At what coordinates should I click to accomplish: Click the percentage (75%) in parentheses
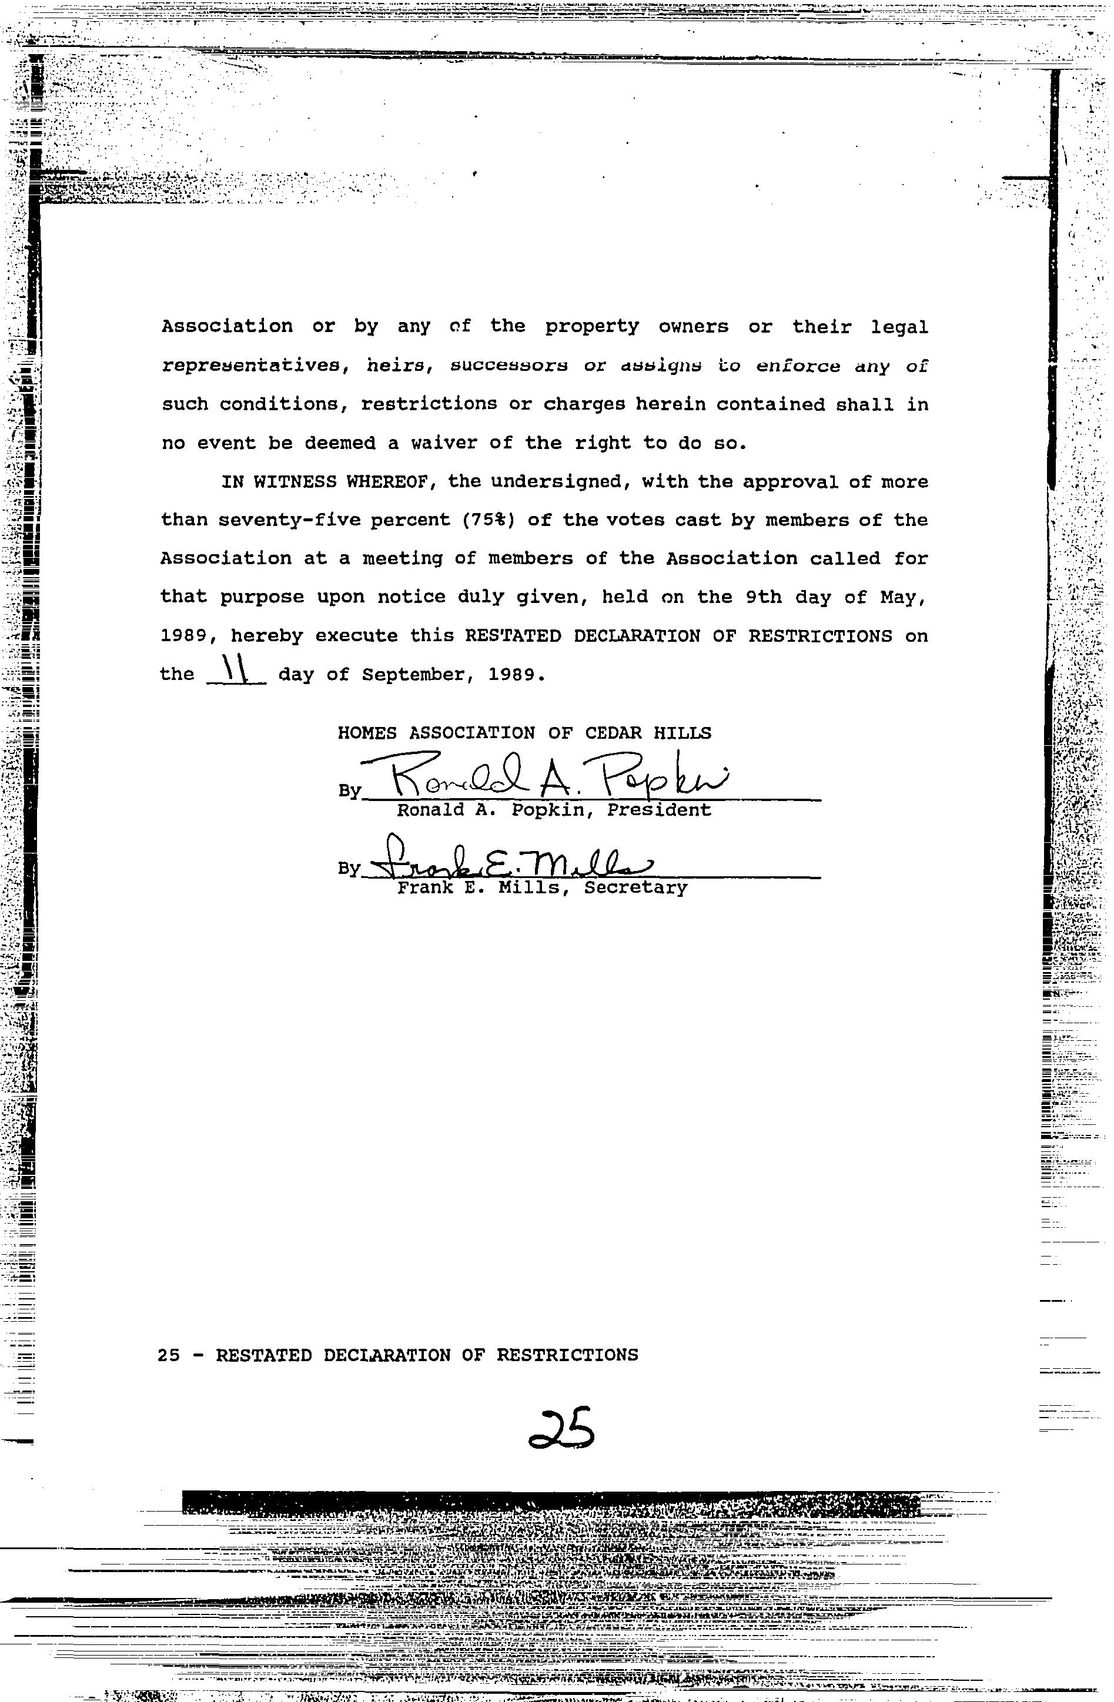489,521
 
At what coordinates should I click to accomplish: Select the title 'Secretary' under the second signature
635,888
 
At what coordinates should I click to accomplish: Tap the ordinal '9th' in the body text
764,597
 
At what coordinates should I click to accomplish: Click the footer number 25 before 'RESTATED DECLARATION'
169,1355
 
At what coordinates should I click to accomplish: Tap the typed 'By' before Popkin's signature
349,791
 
